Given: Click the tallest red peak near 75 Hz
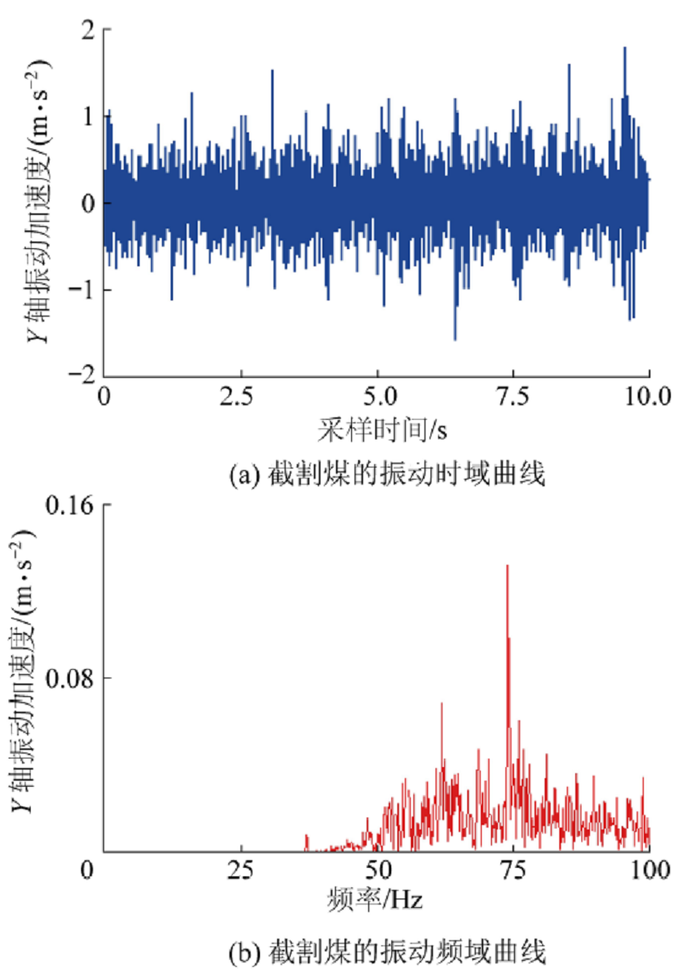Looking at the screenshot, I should point(507,567).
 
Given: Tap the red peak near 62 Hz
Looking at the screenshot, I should point(442,705).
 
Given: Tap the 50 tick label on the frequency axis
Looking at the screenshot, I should point(378,871).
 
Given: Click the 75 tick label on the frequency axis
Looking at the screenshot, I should point(513,871).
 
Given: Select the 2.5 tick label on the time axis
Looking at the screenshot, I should point(240,396).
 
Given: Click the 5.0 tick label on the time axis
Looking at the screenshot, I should point(377,396).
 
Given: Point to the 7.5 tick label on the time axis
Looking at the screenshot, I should point(513,396).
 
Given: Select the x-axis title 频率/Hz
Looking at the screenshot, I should point(376,900).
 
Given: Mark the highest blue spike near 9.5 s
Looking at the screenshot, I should point(625,49).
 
